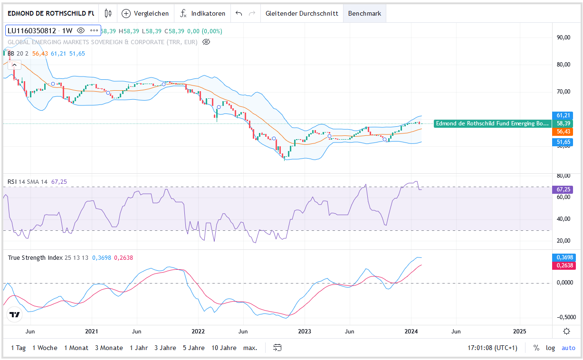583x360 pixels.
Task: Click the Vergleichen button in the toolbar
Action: point(146,13)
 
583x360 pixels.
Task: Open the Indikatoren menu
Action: point(202,13)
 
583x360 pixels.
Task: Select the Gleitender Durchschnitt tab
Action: point(302,13)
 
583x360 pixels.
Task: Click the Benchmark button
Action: point(364,13)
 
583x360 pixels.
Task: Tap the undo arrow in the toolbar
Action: point(239,13)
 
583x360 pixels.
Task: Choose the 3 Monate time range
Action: point(109,348)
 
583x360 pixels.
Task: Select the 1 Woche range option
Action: point(45,348)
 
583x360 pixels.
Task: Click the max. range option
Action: point(250,348)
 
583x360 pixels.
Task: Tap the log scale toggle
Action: point(550,348)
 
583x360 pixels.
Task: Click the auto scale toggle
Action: point(568,348)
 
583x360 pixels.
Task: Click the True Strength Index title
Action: point(35,257)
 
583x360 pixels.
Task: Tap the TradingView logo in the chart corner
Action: point(15,314)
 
